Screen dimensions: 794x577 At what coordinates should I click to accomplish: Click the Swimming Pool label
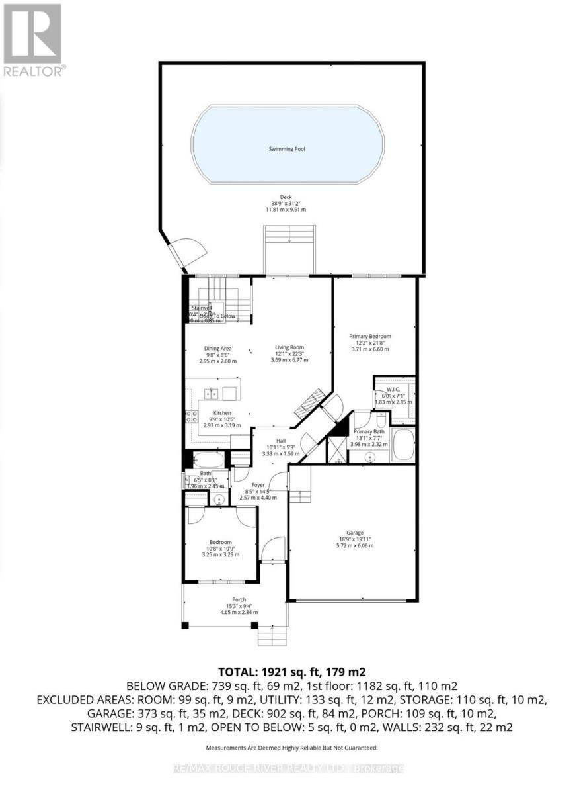[x=287, y=149]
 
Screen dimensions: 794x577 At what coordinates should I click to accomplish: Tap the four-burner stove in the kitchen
[x=190, y=416]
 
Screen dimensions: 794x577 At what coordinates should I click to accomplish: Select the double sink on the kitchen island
[x=212, y=393]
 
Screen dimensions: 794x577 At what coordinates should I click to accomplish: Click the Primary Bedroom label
[x=370, y=336]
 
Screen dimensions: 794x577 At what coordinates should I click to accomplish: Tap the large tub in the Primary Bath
[x=402, y=445]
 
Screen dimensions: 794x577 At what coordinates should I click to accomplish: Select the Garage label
[x=355, y=532]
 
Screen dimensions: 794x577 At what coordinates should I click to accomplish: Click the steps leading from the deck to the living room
[x=289, y=248]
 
